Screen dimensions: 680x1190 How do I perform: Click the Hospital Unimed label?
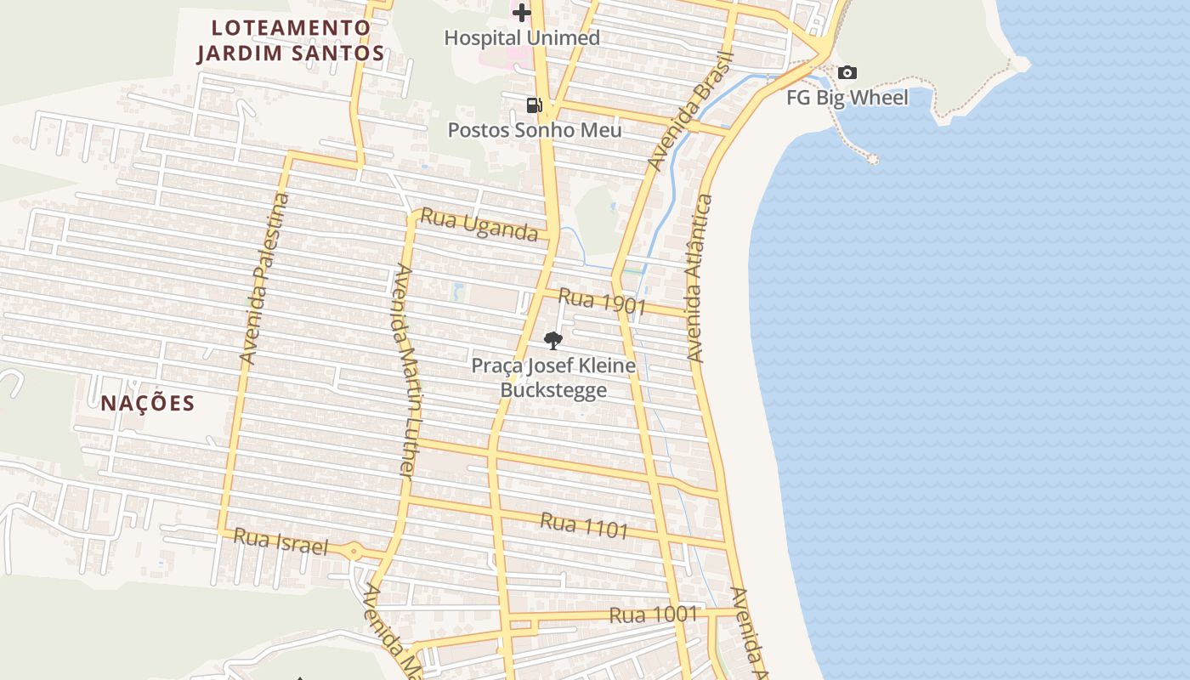point(522,37)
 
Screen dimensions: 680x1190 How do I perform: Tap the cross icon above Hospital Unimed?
point(521,13)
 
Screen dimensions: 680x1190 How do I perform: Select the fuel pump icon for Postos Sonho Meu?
point(534,105)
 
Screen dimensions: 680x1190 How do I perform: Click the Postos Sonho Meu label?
point(535,130)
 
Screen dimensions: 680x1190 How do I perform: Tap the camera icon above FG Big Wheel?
point(847,73)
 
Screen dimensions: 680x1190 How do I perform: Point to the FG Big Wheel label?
point(847,97)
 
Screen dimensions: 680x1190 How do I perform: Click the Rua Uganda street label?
point(479,224)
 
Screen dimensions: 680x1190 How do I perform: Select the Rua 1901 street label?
point(603,302)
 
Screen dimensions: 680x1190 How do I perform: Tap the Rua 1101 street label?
point(584,524)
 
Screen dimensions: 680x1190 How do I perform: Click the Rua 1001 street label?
point(654,615)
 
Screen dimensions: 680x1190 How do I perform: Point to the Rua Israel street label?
point(280,541)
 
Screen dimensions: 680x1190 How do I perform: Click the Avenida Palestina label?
point(265,279)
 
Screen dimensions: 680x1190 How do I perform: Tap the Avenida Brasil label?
point(689,110)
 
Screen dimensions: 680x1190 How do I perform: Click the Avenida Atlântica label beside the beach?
point(699,279)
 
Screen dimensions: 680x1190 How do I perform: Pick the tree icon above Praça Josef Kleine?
point(553,341)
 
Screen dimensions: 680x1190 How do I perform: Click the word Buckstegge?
point(553,390)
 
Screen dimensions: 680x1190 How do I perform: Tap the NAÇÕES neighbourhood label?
point(148,403)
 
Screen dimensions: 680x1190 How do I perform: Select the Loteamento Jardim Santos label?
point(291,40)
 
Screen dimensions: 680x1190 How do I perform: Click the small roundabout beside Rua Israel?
point(354,552)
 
